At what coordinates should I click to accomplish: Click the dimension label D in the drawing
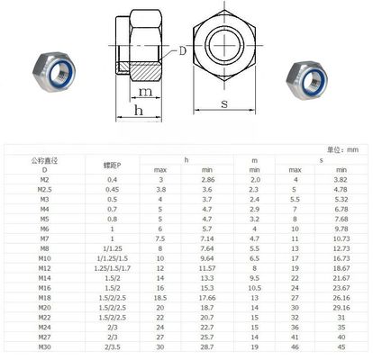click(x=183, y=51)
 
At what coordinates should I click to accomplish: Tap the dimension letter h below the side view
click(x=138, y=111)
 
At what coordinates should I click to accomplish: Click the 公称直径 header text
click(x=43, y=160)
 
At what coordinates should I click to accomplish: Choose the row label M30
click(x=43, y=346)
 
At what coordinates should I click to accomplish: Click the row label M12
click(x=43, y=268)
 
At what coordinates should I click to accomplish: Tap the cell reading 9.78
click(x=341, y=229)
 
